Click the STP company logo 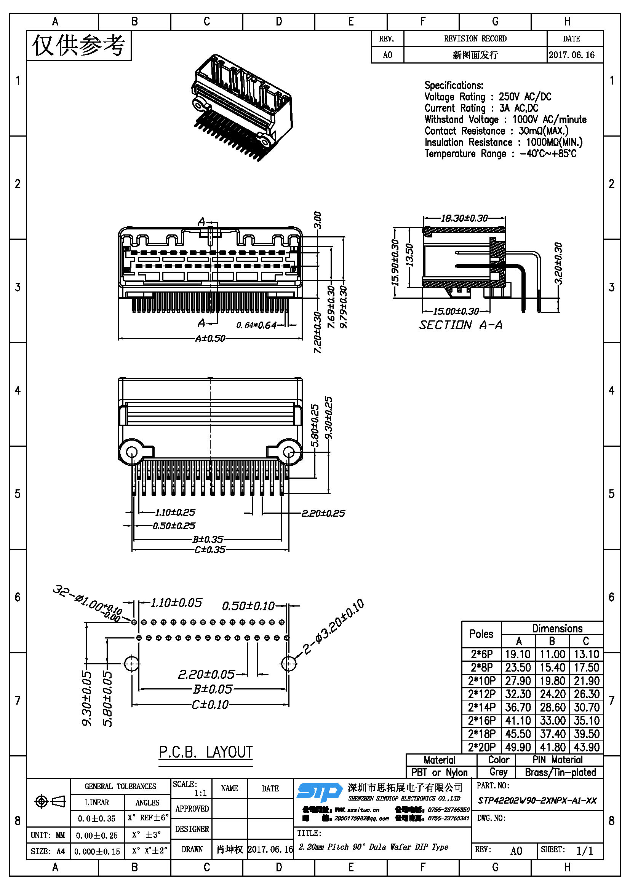click(318, 792)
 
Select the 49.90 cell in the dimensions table click(518, 747)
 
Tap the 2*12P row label click(481, 694)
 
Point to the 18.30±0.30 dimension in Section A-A click(464, 218)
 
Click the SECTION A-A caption click(461, 325)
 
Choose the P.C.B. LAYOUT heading click(206, 752)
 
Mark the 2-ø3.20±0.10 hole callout click(333, 627)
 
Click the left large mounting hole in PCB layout click(132, 664)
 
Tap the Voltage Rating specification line click(488, 97)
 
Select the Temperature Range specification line click(500, 153)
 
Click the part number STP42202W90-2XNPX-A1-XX click(537, 801)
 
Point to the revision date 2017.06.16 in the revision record click(571, 55)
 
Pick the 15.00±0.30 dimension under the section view click(456, 311)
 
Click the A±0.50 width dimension click(210, 338)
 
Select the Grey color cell click(498, 772)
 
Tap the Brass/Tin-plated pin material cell click(560, 772)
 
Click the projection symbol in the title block click(50, 801)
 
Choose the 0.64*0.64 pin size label click(256, 325)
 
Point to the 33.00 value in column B click(552, 720)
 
